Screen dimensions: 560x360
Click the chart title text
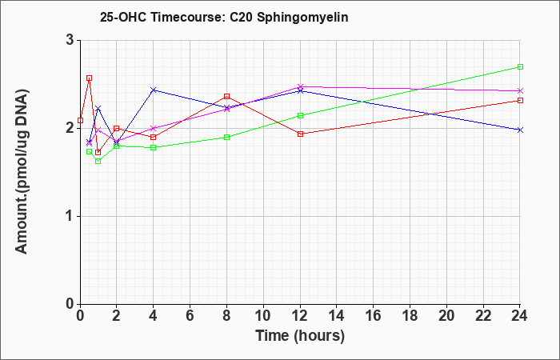[224, 17]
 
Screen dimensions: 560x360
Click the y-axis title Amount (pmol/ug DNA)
[22, 171]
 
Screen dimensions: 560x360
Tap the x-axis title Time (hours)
[300, 336]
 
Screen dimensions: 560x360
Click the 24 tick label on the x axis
[520, 315]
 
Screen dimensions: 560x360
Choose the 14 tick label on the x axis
[337, 315]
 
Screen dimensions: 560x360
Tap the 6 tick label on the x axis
[190, 315]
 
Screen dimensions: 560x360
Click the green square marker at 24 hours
[520, 66]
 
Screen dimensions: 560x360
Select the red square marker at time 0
[80, 120]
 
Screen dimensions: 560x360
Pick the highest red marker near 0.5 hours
[90, 78]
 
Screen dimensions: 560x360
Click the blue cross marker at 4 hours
[154, 90]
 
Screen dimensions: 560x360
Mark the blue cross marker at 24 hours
[520, 130]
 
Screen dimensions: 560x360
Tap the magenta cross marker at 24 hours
[520, 90]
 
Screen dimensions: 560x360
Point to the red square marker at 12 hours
[300, 134]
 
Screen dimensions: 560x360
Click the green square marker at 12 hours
[300, 116]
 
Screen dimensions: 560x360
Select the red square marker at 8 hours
[226, 97]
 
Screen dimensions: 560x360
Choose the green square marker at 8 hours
[226, 137]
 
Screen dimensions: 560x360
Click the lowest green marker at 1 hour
[98, 162]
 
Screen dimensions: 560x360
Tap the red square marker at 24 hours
[520, 100]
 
